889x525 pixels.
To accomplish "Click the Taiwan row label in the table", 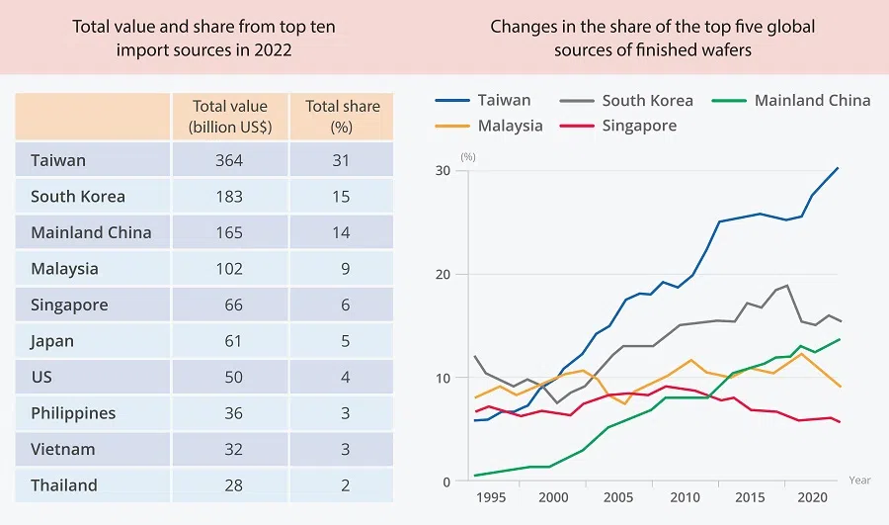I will [x=58, y=160].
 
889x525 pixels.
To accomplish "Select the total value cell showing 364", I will [x=229, y=160].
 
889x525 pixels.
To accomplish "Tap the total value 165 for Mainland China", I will [x=229, y=232].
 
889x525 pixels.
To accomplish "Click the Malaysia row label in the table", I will [x=65, y=269].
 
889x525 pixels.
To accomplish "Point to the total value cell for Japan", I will [x=233, y=341].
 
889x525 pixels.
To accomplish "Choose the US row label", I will [x=41, y=377].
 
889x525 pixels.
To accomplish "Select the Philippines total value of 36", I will [x=233, y=413].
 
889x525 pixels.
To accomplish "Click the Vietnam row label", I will [x=63, y=449].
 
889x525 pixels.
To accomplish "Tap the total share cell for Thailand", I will [x=346, y=485].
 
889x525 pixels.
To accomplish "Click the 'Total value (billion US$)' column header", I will [x=230, y=117].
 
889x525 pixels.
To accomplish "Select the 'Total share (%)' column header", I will [x=343, y=117].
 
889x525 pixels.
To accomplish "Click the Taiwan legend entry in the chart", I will [x=504, y=100].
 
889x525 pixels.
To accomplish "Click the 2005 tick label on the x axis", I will [x=617, y=497].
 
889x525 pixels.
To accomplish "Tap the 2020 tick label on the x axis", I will [x=810, y=497].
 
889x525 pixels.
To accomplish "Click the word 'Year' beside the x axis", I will [x=859, y=481].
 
